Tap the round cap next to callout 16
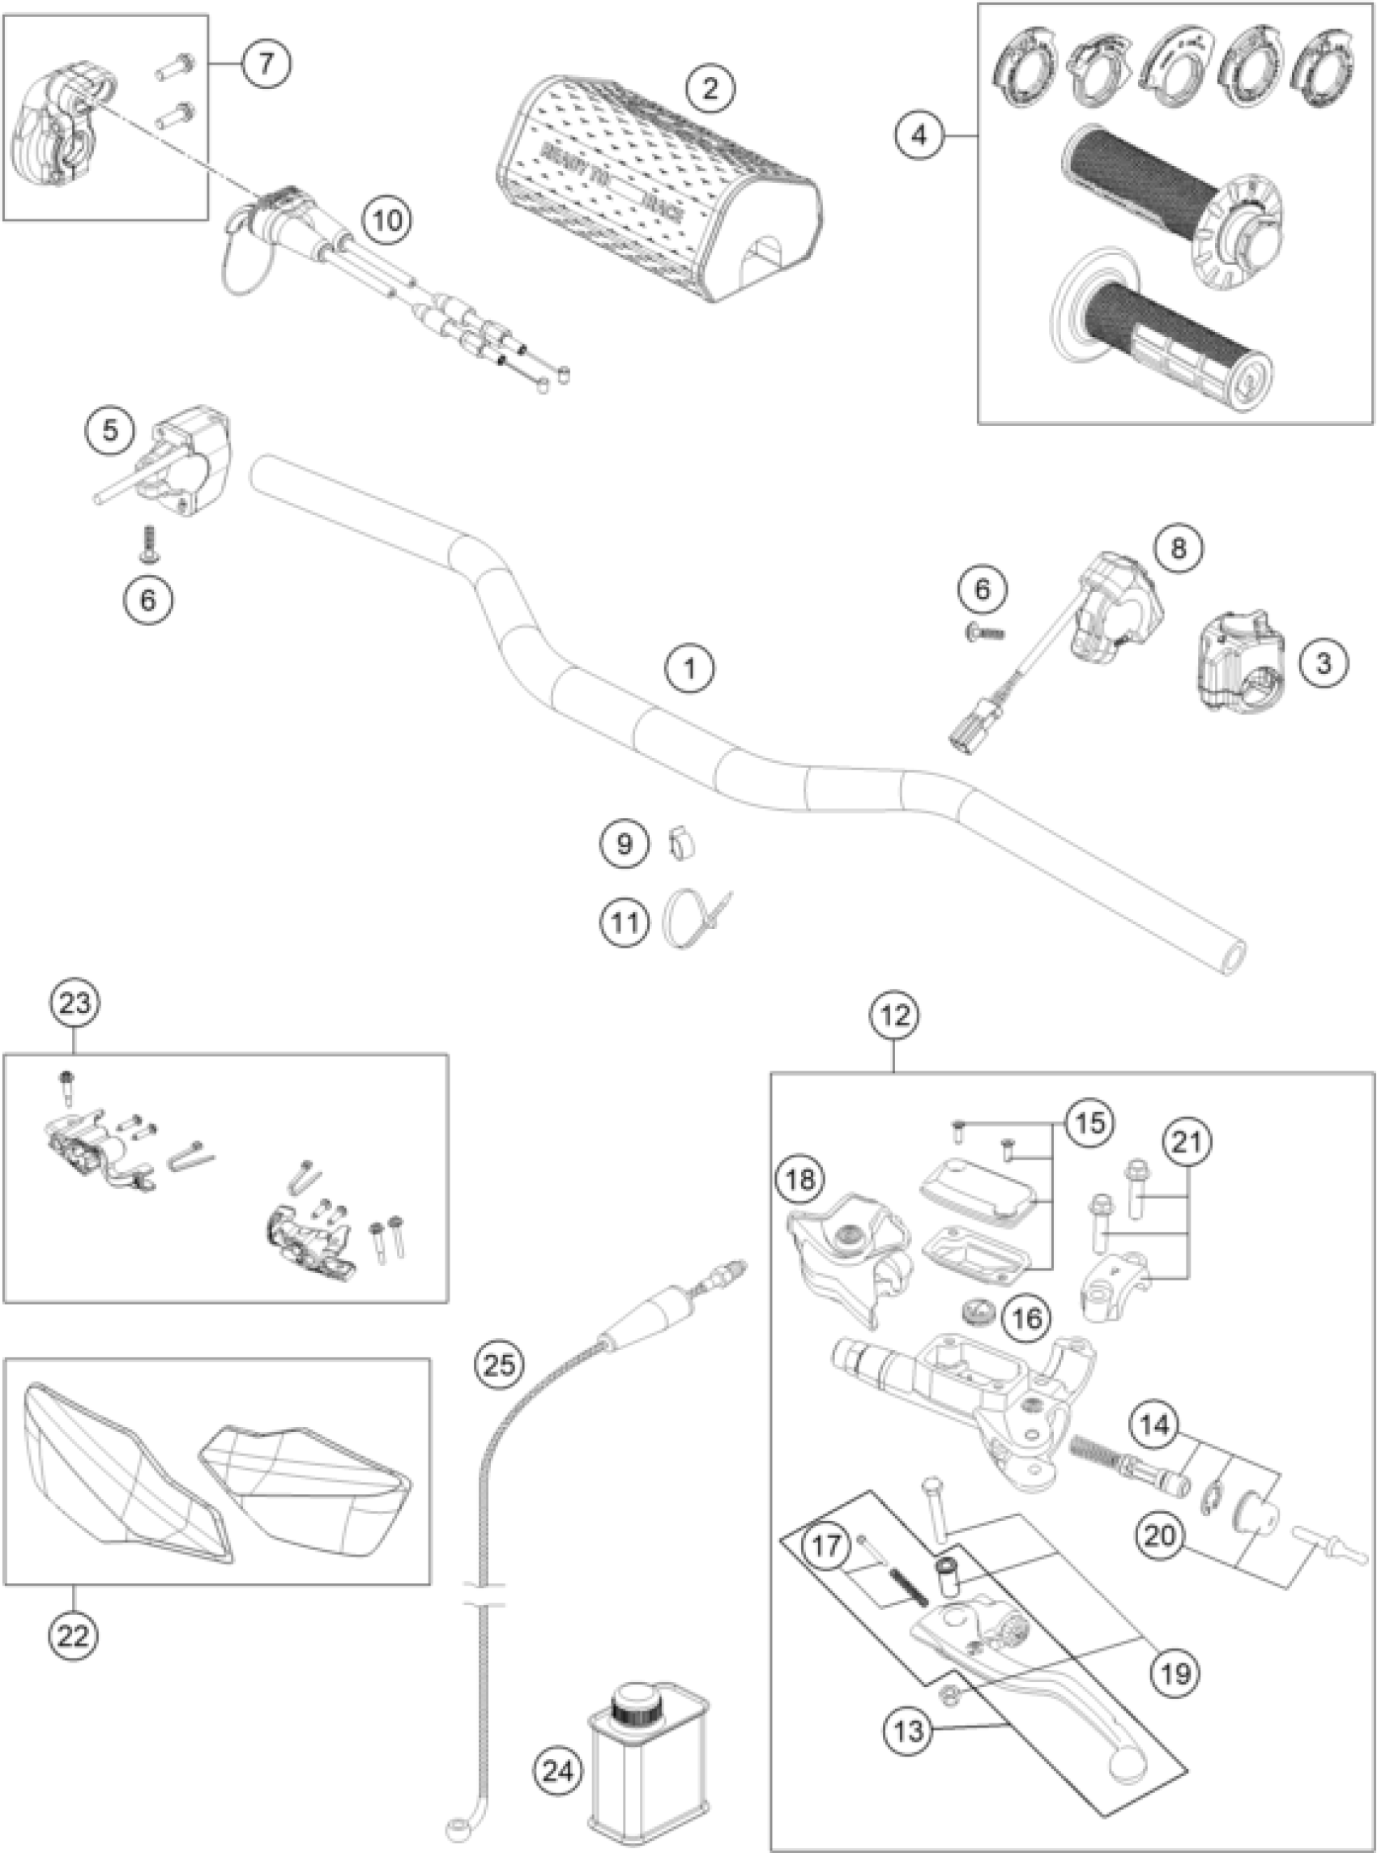[x=977, y=1314]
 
